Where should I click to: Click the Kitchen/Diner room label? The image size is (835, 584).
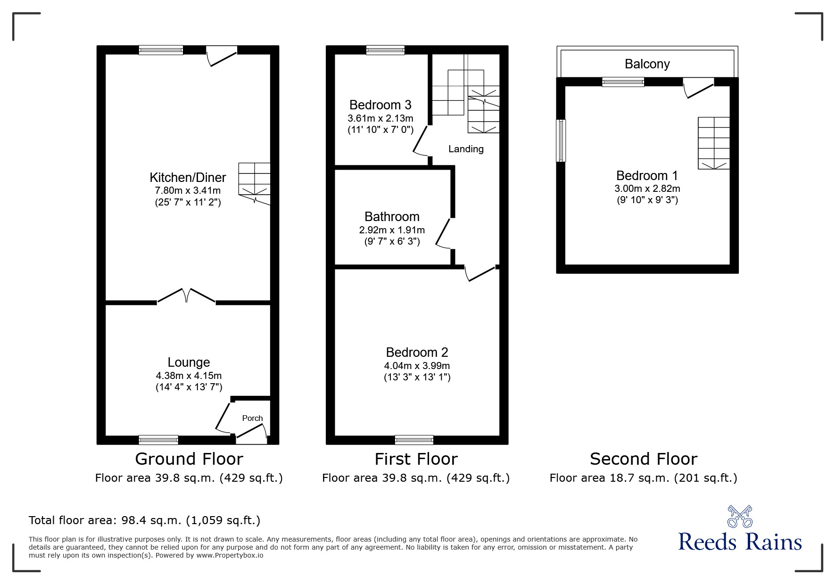tap(188, 178)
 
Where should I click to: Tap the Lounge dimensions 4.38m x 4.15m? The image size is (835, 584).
tap(189, 376)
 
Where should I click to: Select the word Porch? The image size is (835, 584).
tap(252, 418)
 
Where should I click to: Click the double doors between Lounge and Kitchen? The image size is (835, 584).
tap(186, 296)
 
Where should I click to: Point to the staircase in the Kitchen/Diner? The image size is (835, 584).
tap(255, 181)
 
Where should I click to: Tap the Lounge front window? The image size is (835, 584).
tap(158, 440)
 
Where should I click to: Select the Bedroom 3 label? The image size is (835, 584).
tap(380, 105)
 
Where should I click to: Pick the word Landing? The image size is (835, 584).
tap(466, 149)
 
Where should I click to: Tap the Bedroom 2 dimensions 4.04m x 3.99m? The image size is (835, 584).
tap(417, 366)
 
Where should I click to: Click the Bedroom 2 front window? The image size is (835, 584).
tap(414, 440)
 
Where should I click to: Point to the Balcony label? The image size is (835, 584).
tap(647, 64)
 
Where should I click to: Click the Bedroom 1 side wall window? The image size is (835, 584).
tap(561, 140)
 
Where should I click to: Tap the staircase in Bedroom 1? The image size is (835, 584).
tap(714, 143)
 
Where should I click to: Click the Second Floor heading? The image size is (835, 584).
tap(643, 459)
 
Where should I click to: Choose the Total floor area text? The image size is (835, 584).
tap(144, 520)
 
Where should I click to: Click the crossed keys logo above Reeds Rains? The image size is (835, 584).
tap(740, 516)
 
